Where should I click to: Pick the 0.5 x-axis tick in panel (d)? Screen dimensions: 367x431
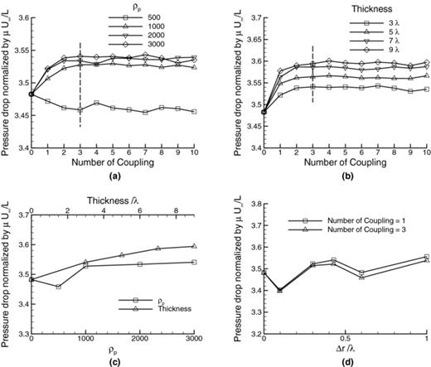(x=345, y=340)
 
